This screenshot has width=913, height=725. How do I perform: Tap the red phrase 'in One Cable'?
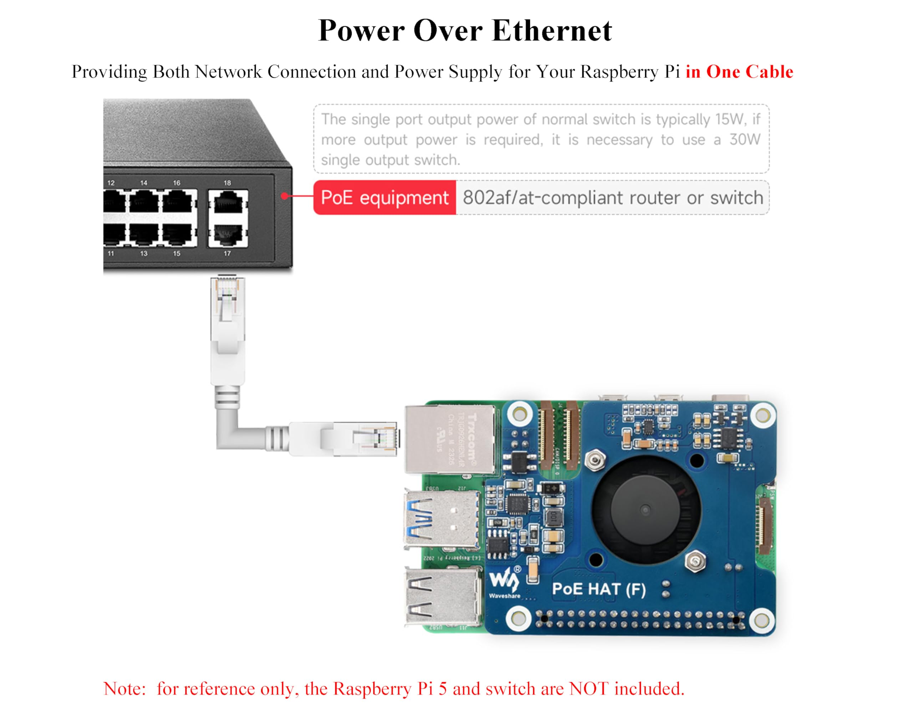coord(739,72)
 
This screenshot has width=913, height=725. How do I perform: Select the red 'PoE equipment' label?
coord(384,197)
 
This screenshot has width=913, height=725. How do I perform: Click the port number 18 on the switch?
coord(228,183)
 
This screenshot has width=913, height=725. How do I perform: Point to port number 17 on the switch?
coord(228,253)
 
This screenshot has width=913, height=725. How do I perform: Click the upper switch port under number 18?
coord(228,201)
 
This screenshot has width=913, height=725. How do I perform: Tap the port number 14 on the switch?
coord(144,183)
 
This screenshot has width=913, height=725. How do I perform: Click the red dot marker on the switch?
coord(285,196)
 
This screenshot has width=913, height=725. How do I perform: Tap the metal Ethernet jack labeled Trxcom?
coord(450,439)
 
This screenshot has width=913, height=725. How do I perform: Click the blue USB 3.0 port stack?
coord(443,519)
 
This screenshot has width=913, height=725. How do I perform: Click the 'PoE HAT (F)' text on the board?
coord(599,589)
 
